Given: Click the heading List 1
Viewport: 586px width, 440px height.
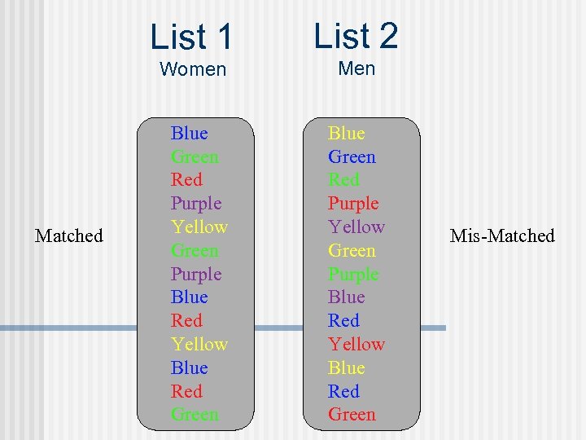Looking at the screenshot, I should click(191, 37).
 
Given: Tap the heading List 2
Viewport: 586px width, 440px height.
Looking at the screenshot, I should click(356, 36).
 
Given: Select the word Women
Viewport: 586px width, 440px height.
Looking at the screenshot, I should click(193, 69).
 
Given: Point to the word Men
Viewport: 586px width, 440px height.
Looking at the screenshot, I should click(356, 68).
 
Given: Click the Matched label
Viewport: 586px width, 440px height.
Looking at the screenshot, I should click(69, 236).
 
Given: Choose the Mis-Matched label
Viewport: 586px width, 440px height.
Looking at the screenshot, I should click(502, 236).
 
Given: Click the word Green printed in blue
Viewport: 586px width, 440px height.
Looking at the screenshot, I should click(352, 156).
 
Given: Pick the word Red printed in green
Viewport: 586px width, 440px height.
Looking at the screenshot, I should click(343, 179).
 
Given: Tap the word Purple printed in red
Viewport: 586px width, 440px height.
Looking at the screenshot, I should click(353, 203).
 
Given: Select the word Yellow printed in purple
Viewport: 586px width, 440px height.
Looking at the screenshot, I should click(356, 227).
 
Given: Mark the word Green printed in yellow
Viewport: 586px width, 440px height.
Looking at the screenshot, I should click(352, 250).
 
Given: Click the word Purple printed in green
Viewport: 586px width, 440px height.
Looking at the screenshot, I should click(353, 274).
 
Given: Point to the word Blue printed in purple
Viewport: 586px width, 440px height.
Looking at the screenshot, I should click(347, 297).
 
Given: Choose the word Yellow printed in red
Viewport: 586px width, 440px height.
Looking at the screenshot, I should click(356, 344).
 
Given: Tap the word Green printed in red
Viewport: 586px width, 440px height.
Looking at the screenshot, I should click(352, 415).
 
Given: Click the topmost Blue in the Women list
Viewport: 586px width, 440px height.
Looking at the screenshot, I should click(189, 133).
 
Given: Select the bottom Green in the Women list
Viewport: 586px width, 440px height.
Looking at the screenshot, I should click(195, 415).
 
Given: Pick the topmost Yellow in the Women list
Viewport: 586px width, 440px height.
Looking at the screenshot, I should click(199, 227).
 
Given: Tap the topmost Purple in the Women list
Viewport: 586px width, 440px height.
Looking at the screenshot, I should click(196, 203).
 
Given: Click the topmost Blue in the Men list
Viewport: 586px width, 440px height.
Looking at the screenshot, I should click(347, 133).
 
